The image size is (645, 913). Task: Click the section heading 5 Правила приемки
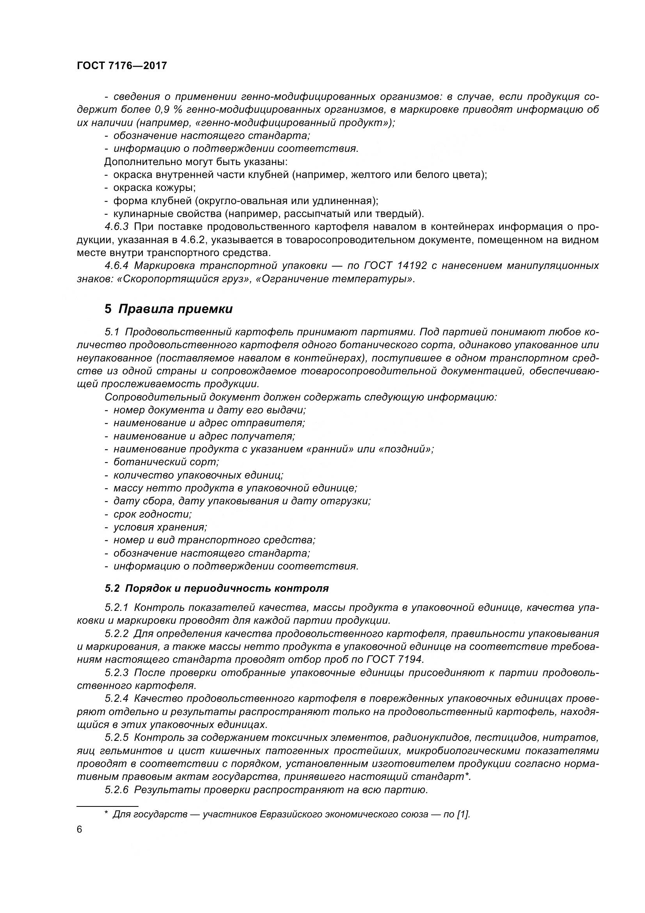click(169, 309)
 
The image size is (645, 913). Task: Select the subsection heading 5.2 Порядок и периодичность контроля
click(217, 588)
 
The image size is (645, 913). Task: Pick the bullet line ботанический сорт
click(166, 462)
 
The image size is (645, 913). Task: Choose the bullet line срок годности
click(152, 514)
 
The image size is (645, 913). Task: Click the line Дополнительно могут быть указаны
click(196, 162)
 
